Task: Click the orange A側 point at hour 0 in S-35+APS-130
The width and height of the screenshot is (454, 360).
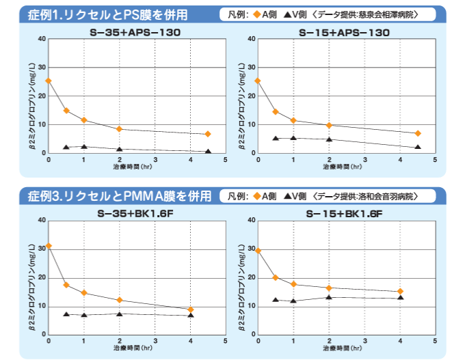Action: [x=49, y=81]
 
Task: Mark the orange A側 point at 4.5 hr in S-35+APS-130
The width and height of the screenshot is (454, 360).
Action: [x=208, y=134]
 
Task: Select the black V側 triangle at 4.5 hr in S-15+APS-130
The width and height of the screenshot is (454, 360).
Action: [x=418, y=147]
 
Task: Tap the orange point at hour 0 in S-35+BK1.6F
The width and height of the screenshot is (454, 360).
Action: [x=49, y=246]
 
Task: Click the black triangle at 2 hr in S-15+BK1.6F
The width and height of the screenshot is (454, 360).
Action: [x=329, y=296]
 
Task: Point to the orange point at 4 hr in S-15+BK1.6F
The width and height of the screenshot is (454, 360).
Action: [x=400, y=292]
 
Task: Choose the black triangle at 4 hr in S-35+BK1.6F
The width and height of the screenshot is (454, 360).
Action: [x=191, y=315]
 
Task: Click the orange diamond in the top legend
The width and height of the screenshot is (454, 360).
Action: [x=262, y=14]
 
